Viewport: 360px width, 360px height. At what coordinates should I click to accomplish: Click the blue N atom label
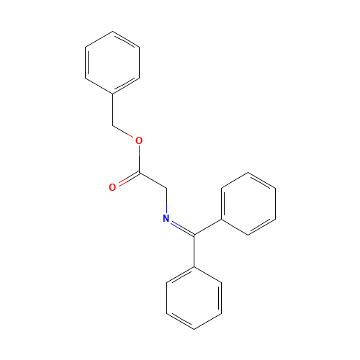tap(166, 218)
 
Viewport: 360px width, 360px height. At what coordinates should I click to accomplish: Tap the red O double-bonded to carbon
tap(112, 187)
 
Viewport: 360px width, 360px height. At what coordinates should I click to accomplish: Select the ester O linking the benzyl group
tap(139, 140)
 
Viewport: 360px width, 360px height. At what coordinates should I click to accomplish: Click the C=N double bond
tap(181, 226)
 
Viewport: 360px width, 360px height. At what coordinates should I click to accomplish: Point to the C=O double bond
tap(126, 180)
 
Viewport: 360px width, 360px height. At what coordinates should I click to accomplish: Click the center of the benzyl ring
tap(113, 63)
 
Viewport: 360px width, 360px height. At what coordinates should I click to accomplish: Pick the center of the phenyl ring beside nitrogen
tap(248, 203)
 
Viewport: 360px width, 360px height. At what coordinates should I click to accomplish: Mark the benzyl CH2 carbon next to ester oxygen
tap(113, 125)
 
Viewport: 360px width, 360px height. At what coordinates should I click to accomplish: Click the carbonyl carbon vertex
tap(140, 172)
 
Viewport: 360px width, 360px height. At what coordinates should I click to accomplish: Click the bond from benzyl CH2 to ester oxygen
tap(125, 132)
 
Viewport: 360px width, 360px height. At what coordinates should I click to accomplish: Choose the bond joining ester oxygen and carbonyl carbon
tap(139, 156)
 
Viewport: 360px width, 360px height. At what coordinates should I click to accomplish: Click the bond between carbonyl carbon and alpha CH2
tap(153, 180)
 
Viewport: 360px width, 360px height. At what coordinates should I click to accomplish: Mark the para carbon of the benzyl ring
tap(113, 32)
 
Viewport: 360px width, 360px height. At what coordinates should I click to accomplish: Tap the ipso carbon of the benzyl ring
tap(113, 94)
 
